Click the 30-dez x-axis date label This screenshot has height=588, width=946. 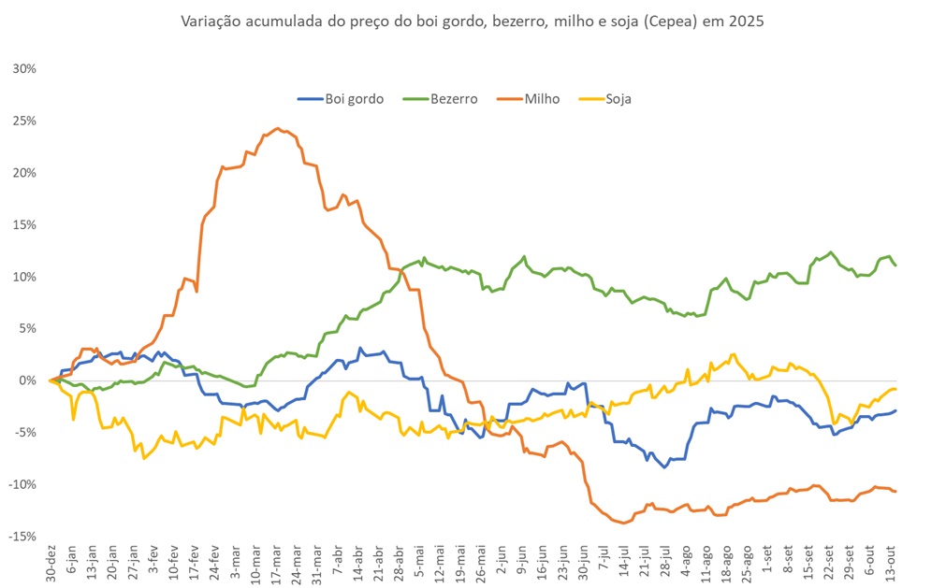51,563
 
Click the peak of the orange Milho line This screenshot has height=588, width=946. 277,128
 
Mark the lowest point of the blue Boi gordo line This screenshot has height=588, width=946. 664,467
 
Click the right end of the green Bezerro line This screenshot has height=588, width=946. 895,265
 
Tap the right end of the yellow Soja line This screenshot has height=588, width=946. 895,389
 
